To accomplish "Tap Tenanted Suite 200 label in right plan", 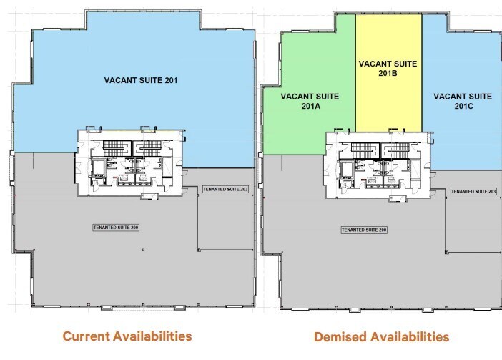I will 364,231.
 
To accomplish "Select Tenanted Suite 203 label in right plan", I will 472,191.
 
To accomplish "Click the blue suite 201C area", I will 461,136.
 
